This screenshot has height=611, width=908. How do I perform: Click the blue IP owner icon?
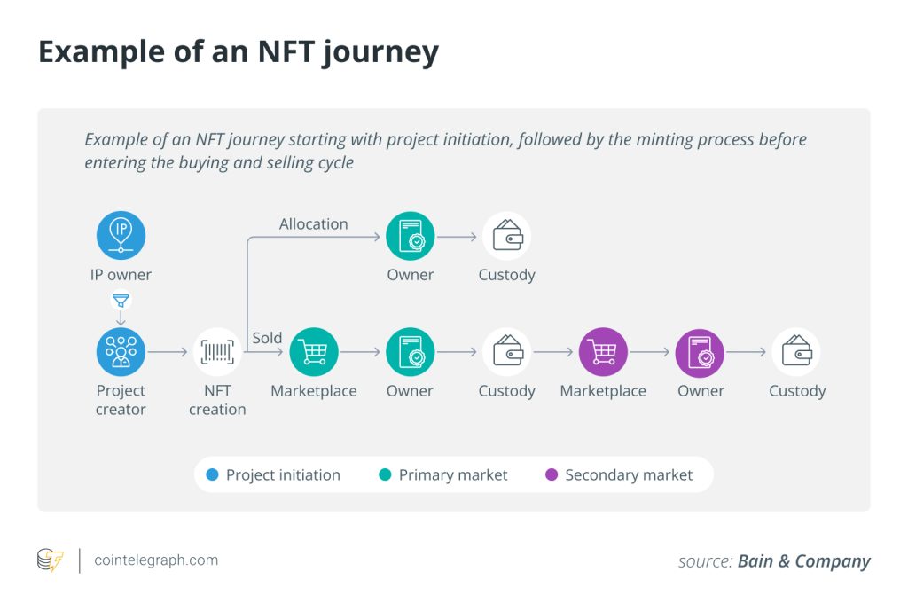pyautogui.click(x=121, y=235)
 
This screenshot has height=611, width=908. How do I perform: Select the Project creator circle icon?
pyautogui.click(x=121, y=352)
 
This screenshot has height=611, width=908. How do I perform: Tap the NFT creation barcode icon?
pyautogui.click(x=217, y=352)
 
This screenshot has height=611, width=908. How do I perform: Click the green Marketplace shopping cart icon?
pyautogui.click(x=314, y=352)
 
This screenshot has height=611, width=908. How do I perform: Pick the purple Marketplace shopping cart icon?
pyautogui.click(x=603, y=352)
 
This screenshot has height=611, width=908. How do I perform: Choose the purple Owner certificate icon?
pyautogui.click(x=700, y=352)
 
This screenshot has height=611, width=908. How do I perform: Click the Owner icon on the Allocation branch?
pyautogui.click(x=411, y=236)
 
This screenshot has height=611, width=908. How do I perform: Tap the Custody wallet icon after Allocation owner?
pyautogui.click(x=506, y=236)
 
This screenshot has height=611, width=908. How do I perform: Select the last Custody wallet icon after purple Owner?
pyautogui.click(x=796, y=352)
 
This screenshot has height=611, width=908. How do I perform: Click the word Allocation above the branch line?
pyautogui.click(x=314, y=224)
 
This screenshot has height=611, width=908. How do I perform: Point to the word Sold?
pyautogui.click(x=267, y=338)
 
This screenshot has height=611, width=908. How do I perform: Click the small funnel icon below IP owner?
pyautogui.click(x=121, y=301)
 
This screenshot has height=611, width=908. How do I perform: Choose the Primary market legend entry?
pyautogui.click(x=443, y=475)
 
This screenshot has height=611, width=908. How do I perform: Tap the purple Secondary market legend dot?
pyautogui.click(x=552, y=475)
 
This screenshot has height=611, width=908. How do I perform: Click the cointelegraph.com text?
pyautogui.click(x=156, y=560)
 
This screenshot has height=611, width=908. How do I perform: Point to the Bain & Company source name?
pyautogui.click(x=803, y=561)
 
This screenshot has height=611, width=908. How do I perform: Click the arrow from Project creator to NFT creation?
pyautogui.click(x=168, y=353)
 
